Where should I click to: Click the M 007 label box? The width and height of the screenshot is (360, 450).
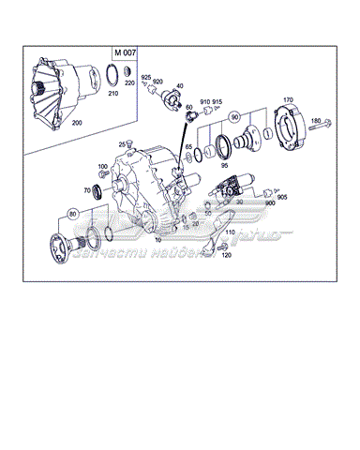point(125,52)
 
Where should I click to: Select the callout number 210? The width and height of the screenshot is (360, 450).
point(112,95)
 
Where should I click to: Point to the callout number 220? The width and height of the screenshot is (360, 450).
point(128,83)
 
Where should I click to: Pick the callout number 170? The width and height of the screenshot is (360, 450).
point(289,98)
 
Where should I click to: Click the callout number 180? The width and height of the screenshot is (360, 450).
point(316,121)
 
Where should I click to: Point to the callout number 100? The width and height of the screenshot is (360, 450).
point(102,167)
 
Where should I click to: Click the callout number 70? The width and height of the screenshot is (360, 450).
point(86,190)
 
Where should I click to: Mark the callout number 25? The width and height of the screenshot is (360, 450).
point(122,143)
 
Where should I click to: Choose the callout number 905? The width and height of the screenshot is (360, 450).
point(282,197)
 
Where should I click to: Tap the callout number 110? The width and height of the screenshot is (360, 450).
point(231,232)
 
